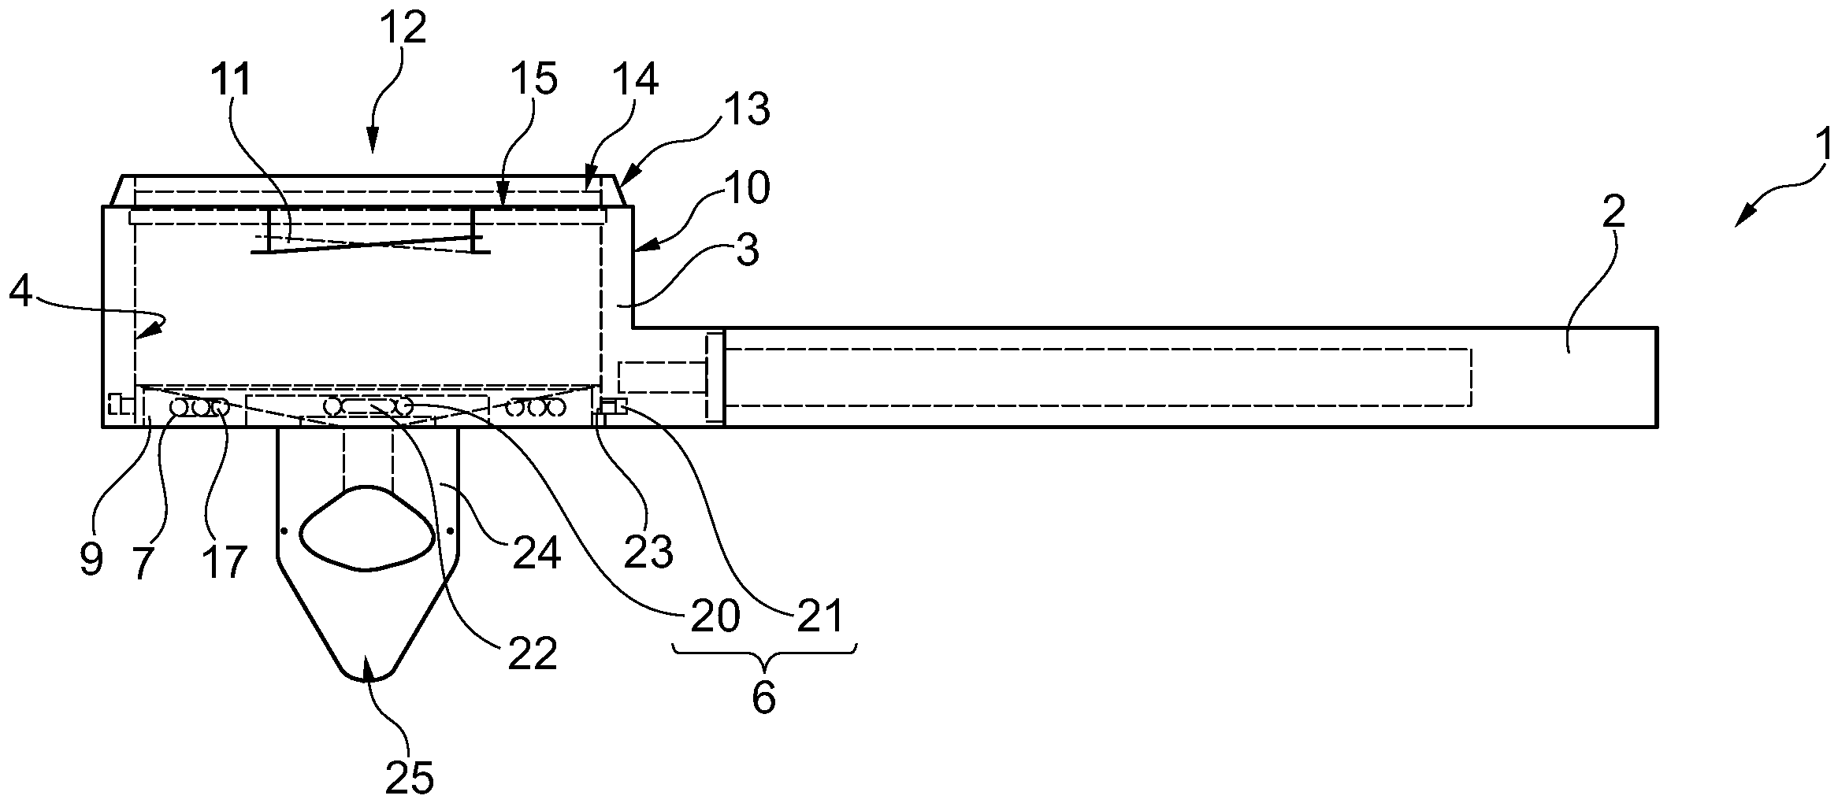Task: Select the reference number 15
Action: (x=533, y=80)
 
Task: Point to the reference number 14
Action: (x=635, y=80)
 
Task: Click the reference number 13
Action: (x=746, y=109)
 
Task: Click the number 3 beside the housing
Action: (x=746, y=250)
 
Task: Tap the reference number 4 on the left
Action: (x=22, y=292)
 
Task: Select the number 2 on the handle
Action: (x=1613, y=212)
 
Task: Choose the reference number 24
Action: (x=537, y=552)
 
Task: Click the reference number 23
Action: (x=648, y=552)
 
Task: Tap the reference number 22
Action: (x=533, y=653)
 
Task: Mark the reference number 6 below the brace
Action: (x=763, y=698)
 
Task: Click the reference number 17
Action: (x=224, y=561)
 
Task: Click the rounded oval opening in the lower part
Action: (x=367, y=527)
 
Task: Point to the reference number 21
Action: (x=819, y=616)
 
